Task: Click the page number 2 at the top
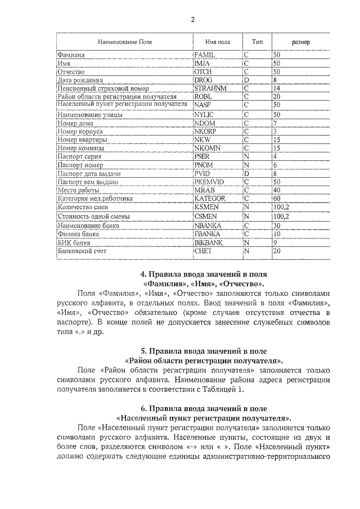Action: (192, 20)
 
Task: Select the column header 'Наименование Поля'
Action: (124, 42)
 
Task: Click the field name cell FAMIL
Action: (204, 55)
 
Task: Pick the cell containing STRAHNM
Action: (210, 88)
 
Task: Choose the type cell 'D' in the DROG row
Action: (246, 80)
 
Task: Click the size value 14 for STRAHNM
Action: (276, 88)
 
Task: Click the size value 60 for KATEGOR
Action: (276, 199)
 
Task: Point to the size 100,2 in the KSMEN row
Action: (281, 207)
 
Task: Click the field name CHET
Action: (202, 251)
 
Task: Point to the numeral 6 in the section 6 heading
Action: (143, 408)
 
